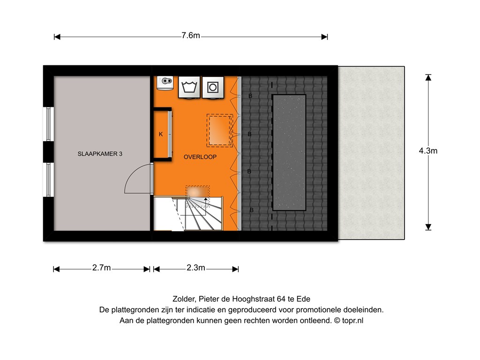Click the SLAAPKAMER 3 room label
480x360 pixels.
click(x=100, y=154)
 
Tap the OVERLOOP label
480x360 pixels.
click(x=200, y=157)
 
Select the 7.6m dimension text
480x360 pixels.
click(x=191, y=36)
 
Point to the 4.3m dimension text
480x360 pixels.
click(x=428, y=150)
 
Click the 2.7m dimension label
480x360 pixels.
click(x=101, y=268)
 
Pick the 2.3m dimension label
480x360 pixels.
click(x=195, y=268)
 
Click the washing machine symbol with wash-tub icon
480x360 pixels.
click(x=189, y=87)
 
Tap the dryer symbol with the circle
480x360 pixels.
click(x=213, y=87)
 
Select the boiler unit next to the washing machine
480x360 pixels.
click(x=165, y=83)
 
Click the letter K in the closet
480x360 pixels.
click(x=161, y=134)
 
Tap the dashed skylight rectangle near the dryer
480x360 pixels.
click(x=219, y=130)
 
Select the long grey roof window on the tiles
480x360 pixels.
click(x=289, y=152)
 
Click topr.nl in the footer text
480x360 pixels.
click(x=352, y=321)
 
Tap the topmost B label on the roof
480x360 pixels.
click(x=250, y=96)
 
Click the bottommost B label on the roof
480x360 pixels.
click(x=252, y=210)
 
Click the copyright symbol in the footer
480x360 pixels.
click(x=337, y=321)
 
